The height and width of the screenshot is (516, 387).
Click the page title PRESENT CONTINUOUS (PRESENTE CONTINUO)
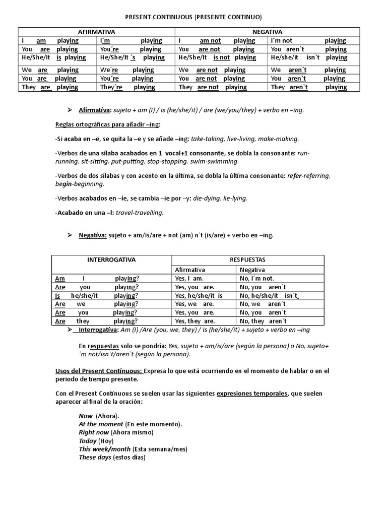(193, 17)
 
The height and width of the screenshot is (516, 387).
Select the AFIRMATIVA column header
(96, 31)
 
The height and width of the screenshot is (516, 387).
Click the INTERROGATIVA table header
(111, 260)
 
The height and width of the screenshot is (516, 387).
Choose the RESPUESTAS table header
(247, 260)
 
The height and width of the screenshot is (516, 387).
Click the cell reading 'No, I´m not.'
(256, 278)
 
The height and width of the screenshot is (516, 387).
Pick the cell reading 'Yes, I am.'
(189, 278)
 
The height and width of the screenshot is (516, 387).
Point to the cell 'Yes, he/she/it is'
(199, 296)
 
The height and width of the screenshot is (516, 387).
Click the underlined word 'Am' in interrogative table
(60, 278)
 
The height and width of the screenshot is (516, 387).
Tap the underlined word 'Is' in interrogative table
(57, 296)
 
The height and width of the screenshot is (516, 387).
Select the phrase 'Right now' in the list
(94, 432)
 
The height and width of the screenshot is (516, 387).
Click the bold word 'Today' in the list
(87, 441)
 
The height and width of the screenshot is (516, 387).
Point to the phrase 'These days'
(95, 458)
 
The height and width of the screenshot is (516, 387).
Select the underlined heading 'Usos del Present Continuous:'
(99, 371)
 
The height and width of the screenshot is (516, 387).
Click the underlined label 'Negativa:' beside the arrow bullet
(92, 235)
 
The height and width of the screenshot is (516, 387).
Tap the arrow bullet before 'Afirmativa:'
(70, 109)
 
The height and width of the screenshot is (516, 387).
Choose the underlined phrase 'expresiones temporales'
(251, 394)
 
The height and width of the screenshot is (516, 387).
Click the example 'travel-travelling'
(140, 213)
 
